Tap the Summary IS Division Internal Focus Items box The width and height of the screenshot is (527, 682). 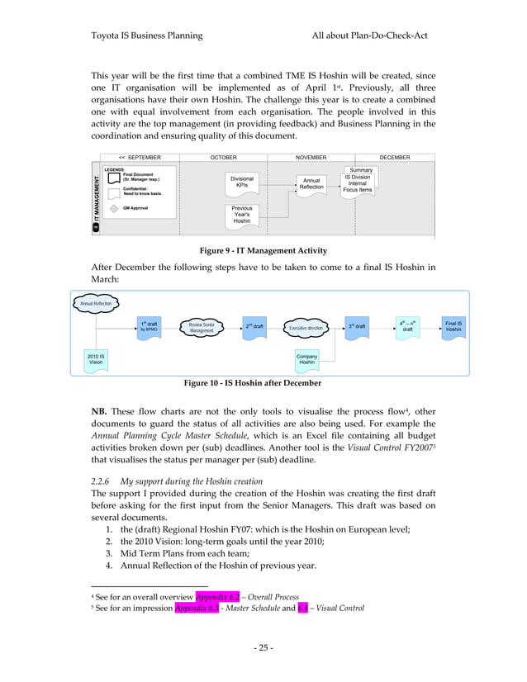point(358,180)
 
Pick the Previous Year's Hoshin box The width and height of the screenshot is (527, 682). point(241,215)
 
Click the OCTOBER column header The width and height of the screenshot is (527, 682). point(223,157)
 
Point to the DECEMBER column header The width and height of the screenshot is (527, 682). point(394,157)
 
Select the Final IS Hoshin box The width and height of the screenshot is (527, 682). point(453,327)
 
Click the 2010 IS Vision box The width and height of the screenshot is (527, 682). point(96,359)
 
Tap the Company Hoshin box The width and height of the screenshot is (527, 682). point(306,359)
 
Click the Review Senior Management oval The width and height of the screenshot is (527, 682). point(202,328)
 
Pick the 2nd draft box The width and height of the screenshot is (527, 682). point(254,327)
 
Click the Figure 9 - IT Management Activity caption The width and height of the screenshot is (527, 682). point(263,250)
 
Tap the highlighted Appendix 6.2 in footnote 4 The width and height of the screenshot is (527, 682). point(211,594)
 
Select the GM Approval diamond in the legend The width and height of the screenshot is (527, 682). point(114,208)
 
